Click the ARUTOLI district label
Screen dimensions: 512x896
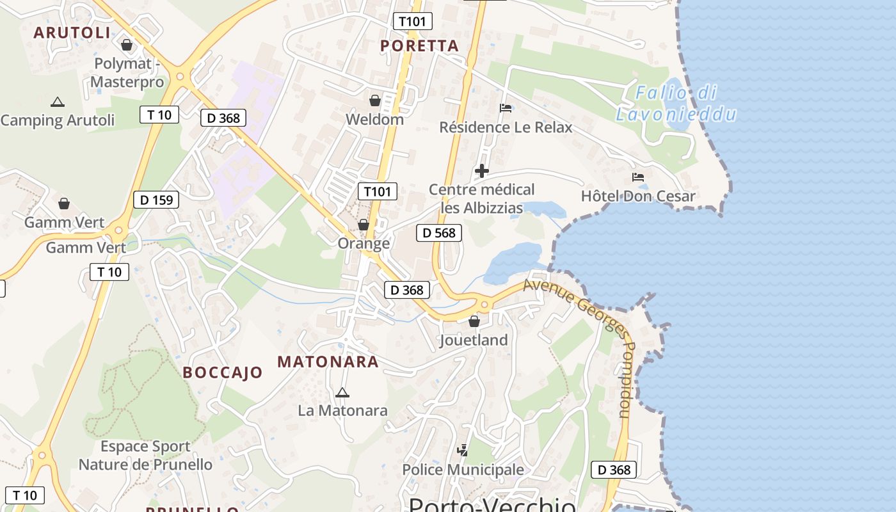click(72, 33)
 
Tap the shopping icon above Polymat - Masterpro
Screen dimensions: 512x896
click(127, 45)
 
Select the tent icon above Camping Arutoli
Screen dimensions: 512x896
click(58, 102)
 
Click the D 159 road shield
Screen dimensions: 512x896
click(156, 200)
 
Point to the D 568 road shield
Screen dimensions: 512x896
click(439, 233)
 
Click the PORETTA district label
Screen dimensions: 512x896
click(419, 45)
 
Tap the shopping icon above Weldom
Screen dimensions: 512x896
click(375, 100)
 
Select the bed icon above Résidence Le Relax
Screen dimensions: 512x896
click(506, 108)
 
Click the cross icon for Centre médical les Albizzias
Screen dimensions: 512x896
click(482, 171)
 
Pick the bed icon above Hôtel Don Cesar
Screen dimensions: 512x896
click(638, 177)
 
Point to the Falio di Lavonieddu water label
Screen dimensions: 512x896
click(676, 104)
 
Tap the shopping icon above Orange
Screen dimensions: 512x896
click(364, 225)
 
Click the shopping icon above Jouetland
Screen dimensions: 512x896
click(474, 321)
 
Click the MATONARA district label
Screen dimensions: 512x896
click(328, 362)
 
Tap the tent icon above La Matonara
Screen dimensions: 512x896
click(342, 392)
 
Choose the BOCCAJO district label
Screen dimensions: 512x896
click(223, 372)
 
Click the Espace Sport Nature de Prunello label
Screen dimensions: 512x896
click(145, 455)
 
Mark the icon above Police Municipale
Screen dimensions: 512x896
click(462, 451)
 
